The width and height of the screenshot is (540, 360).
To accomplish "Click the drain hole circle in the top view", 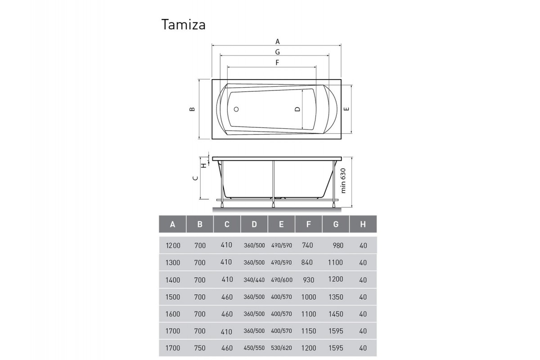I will click(x=236, y=109).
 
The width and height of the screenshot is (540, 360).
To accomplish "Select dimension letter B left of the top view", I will click(x=192, y=109).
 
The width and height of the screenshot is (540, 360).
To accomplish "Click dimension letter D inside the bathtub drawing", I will click(x=297, y=109).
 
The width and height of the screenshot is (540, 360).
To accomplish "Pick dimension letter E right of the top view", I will click(x=346, y=109).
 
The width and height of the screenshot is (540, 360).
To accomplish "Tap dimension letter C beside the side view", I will click(x=195, y=178).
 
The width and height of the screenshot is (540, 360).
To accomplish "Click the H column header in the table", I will click(x=363, y=224).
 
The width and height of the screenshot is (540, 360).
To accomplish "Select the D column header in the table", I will click(x=254, y=224).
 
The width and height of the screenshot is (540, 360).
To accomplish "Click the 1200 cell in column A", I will click(x=173, y=245).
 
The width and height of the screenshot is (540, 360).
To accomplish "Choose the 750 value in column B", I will click(x=200, y=348).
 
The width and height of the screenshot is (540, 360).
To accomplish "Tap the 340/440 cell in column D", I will click(x=254, y=280).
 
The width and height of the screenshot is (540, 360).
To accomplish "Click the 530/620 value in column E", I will click(x=282, y=348).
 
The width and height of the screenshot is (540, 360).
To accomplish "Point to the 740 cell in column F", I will click(x=308, y=245).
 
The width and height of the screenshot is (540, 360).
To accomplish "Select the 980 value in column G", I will click(x=337, y=245).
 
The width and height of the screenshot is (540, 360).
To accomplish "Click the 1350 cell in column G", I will click(x=336, y=297).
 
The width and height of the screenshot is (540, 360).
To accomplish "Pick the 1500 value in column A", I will click(x=173, y=297).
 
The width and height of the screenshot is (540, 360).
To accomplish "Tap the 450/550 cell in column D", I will click(x=254, y=348).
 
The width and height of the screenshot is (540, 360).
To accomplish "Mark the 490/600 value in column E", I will click(x=282, y=280).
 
